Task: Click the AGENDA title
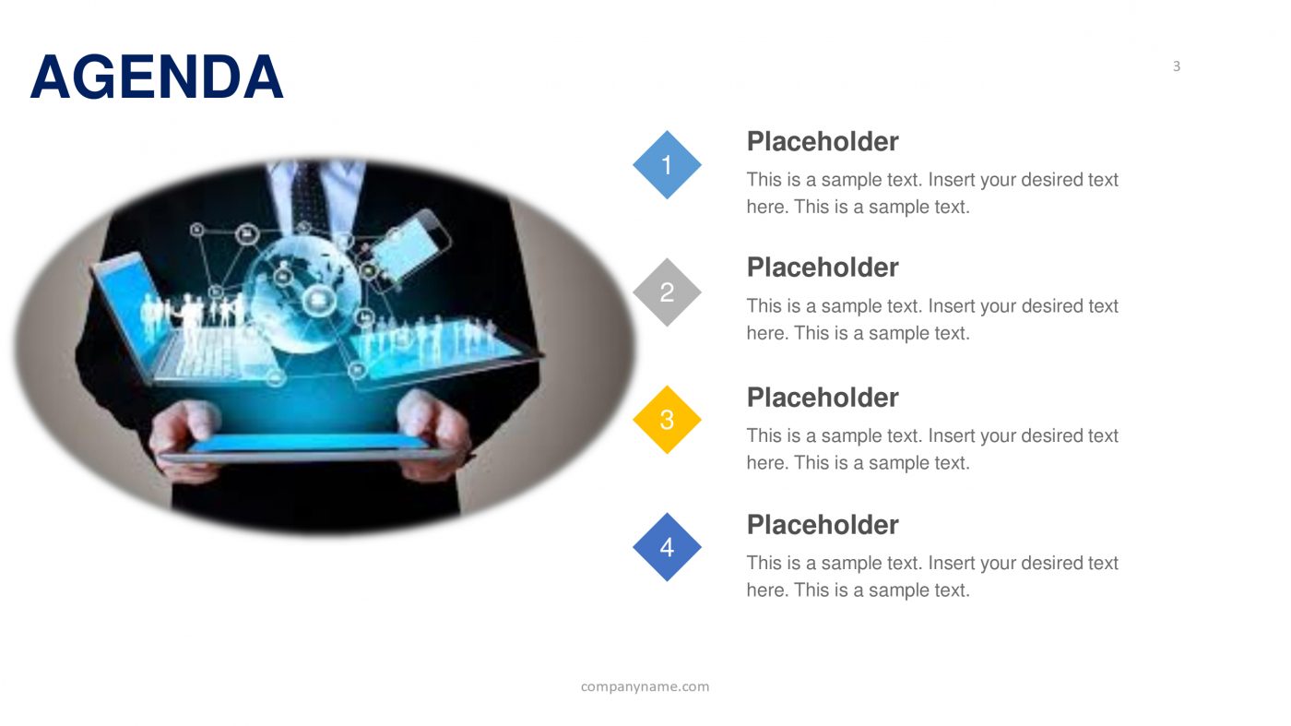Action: pyautogui.click(x=157, y=77)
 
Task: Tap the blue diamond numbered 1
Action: pyautogui.click(x=667, y=165)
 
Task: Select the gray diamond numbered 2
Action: pyautogui.click(x=667, y=292)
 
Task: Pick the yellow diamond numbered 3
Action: pyautogui.click(x=667, y=420)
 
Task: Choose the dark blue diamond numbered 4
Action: pyautogui.click(x=667, y=547)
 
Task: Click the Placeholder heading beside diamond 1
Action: pyautogui.click(x=822, y=142)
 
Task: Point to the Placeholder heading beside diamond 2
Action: pyautogui.click(x=822, y=268)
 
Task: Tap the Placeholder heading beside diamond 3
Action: pyautogui.click(x=822, y=398)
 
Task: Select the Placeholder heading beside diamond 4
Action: pyautogui.click(x=822, y=525)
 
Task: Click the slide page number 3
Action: pyautogui.click(x=1176, y=66)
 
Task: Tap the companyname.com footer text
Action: pyautogui.click(x=645, y=686)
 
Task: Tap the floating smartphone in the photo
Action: pyautogui.click(x=410, y=244)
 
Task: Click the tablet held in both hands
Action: pyautogui.click(x=309, y=447)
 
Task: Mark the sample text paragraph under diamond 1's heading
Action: pyautogui.click(x=931, y=193)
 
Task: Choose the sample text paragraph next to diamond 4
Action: pyautogui.click(x=931, y=577)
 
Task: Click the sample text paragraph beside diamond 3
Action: pyautogui.click(x=931, y=449)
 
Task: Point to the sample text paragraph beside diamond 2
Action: pyautogui.click(x=931, y=319)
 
